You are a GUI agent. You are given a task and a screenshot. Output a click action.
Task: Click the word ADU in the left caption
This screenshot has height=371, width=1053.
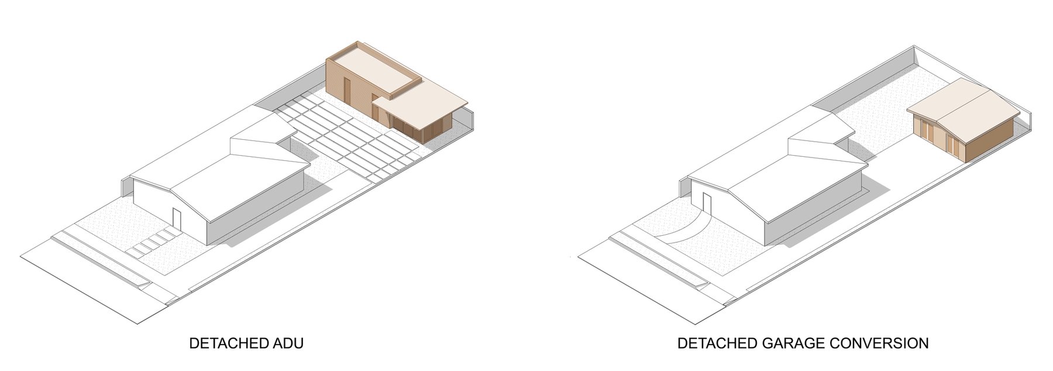tap(287, 343)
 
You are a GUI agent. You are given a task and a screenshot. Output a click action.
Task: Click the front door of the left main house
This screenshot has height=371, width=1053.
tap(177, 219)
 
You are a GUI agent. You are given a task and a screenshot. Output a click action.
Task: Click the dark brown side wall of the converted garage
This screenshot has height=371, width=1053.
tap(989, 143)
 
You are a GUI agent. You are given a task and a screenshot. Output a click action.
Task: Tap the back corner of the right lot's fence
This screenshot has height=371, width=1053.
tap(915, 47)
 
